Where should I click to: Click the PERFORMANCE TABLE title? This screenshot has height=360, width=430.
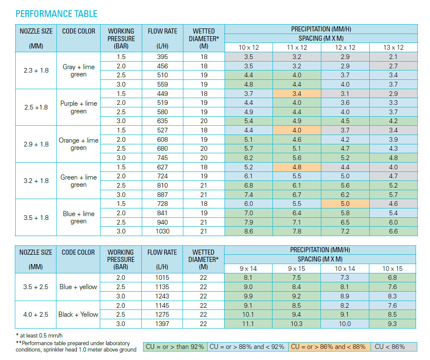(x=56, y=14)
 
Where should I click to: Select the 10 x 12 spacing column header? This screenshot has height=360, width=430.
(x=248, y=48)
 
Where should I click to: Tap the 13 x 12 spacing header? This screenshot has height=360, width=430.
(x=393, y=48)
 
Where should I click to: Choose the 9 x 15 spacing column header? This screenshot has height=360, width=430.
(x=296, y=269)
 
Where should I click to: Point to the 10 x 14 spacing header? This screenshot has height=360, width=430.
(x=345, y=269)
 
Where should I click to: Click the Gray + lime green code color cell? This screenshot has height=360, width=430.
(x=79, y=70)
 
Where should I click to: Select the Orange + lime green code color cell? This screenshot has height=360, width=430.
(x=79, y=144)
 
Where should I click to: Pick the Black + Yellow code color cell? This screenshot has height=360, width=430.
(x=78, y=315)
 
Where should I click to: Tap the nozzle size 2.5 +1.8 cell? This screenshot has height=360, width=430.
(x=36, y=107)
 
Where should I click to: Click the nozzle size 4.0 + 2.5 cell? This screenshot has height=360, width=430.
(x=36, y=315)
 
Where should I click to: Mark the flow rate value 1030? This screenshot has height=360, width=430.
(x=162, y=231)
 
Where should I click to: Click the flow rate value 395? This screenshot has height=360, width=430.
(x=162, y=57)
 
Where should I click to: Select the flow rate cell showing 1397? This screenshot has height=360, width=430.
(x=162, y=324)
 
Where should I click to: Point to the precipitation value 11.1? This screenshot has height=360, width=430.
(x=248, y=324)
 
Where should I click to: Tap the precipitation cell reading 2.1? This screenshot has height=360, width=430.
(x=393, y=57)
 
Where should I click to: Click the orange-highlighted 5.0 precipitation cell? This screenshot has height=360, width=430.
(x=345, y=204)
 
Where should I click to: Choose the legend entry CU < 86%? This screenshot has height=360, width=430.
(x=393, y=347)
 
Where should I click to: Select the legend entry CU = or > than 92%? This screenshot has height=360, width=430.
(x=175, y=347)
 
